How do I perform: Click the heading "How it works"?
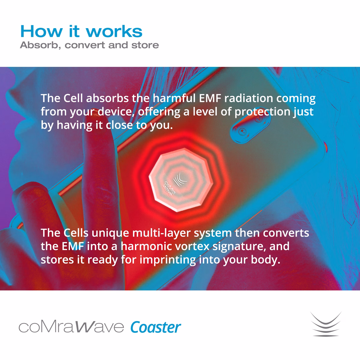81,31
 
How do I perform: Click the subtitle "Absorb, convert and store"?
89,45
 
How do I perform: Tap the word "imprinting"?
167,260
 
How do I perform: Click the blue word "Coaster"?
155,327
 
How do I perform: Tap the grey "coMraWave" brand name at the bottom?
71,327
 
